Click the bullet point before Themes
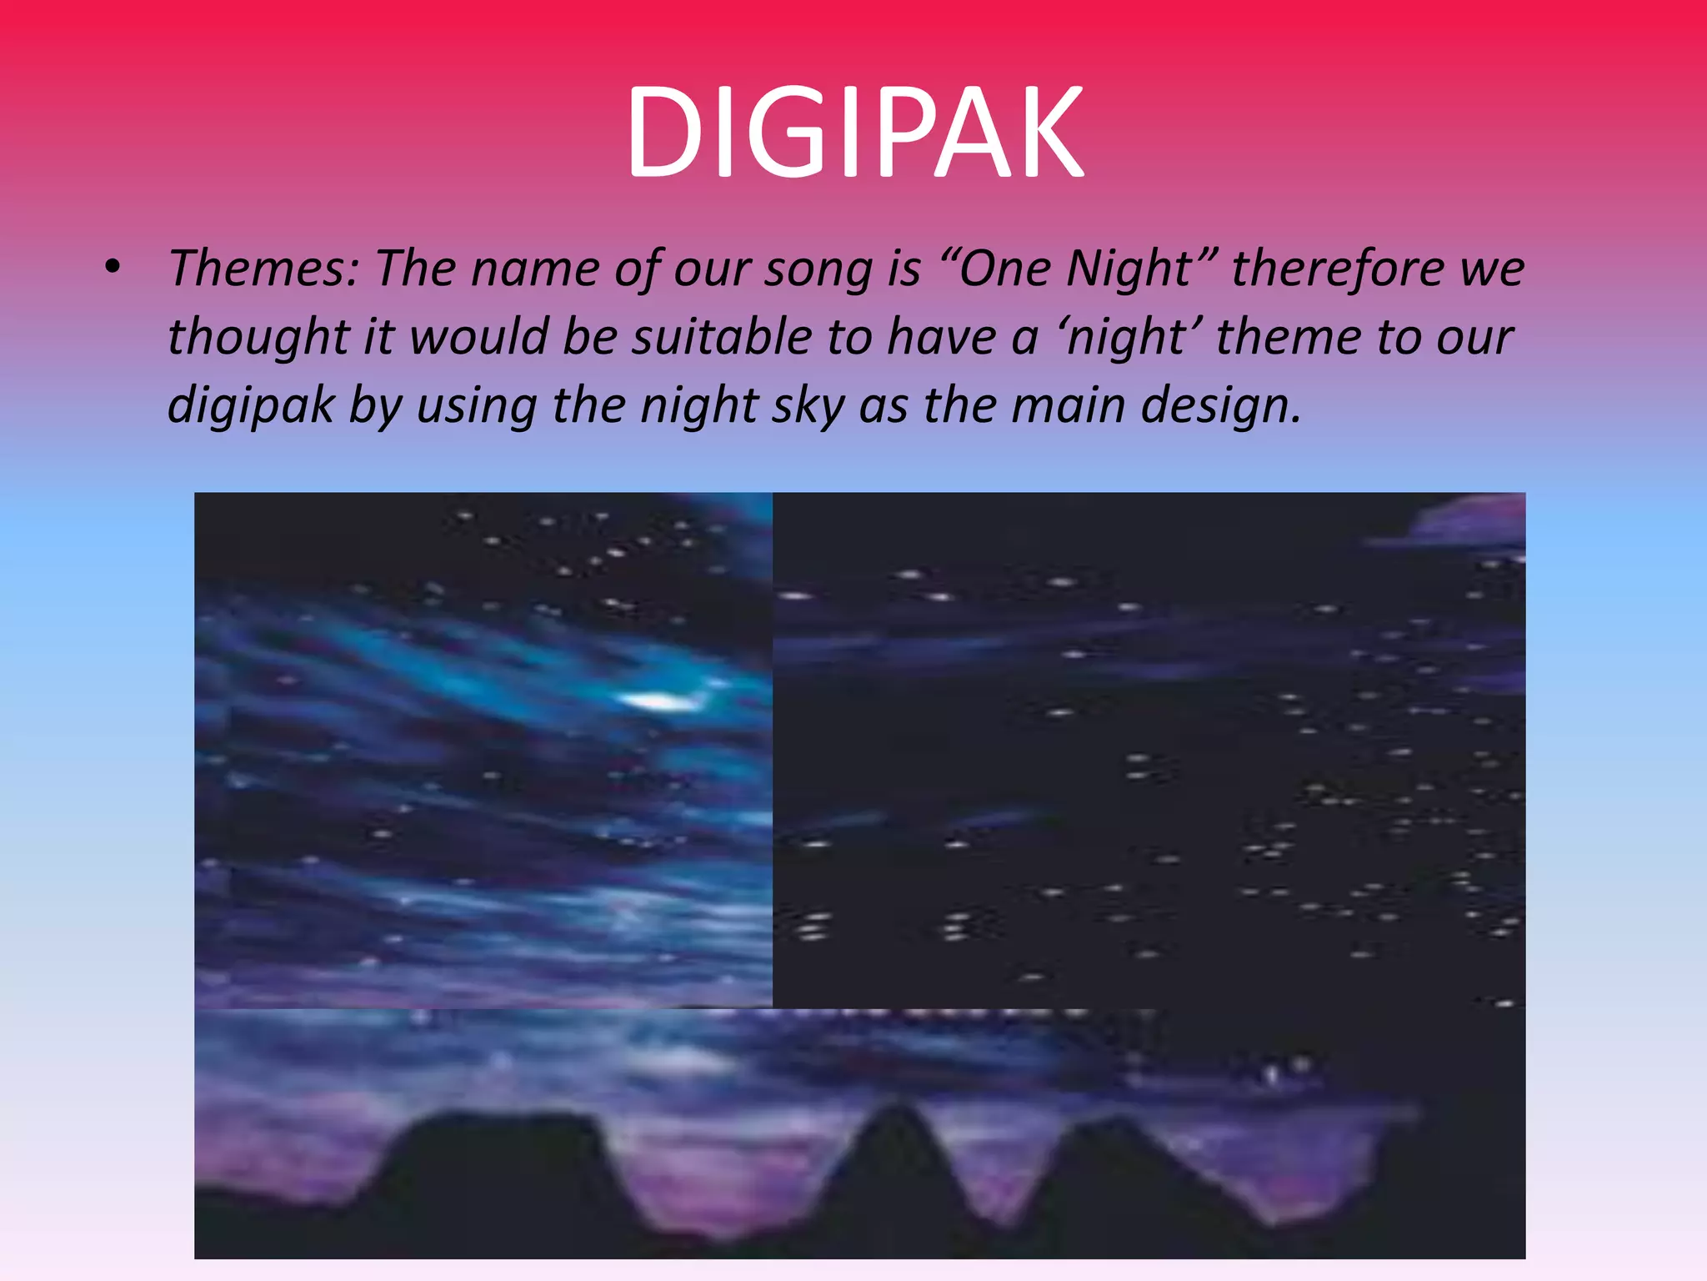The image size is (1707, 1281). tap(113, 269)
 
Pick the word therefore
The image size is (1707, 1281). tap(1337, 269)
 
